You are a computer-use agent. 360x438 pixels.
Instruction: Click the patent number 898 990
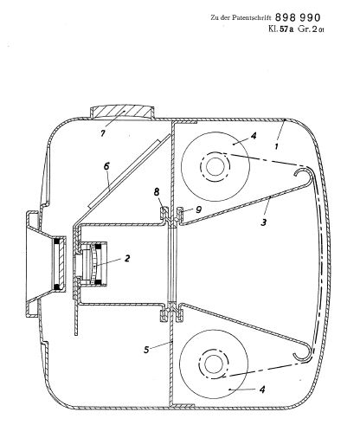pyautogui.click(x=298, y=17)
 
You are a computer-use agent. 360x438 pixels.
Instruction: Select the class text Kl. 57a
pyautogui.click(x=280, y=29)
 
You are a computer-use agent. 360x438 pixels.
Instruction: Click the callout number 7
pyautogui.click(x=102, y=133)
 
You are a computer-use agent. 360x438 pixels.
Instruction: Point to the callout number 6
pyautogui.click(x=106, y=166)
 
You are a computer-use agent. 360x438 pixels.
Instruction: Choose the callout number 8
pyautogui.click(x=157, y=191)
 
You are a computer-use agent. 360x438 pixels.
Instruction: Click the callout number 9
pyautogui.click(x=198, y=209)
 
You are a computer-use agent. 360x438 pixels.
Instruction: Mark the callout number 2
pyautogui.click(x=127, y=258)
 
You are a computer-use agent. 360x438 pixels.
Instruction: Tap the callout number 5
pyautogui.click(x=146, y=350)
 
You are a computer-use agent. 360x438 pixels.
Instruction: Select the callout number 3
pyautogui.click(x=263, y=222)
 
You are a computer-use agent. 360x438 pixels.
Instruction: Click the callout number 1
pyautogui.click(x=276, y=146)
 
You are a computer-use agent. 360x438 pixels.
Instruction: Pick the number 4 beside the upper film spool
pyautogui.click(x=254, y=135)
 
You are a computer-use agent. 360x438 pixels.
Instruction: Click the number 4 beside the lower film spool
pyautogui.click(x=262, y=390)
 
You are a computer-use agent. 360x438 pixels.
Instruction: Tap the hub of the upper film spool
pyautogui.click(x=215, y=166)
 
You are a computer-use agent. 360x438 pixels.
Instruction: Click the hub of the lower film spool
pyautogui.click(x=214, y=364)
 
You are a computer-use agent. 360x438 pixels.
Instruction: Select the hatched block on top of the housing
pyautogui.click(x=122, y=112)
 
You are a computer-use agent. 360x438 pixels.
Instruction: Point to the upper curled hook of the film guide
pyautogui.click(x=304, y=175)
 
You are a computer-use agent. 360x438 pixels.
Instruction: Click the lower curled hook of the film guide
pyautogui.click(x=303, y=353)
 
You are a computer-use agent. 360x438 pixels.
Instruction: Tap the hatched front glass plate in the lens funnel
pyautogui.click(x=60, y=263)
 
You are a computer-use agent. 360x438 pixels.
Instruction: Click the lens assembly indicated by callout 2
pyautogui.click(x=92, y=264)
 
